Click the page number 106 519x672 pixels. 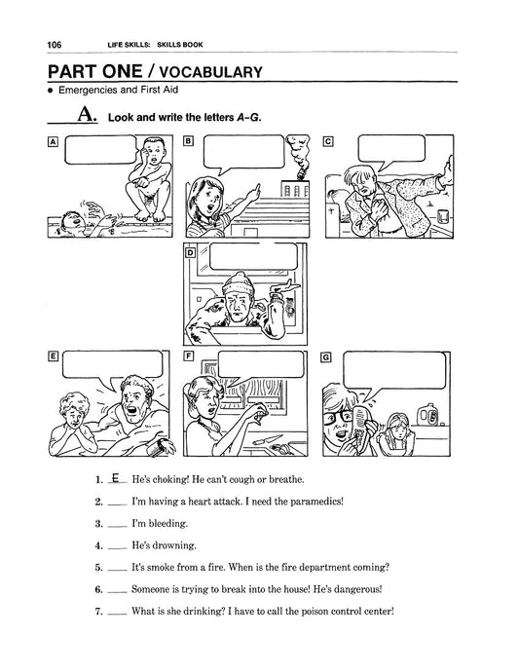point(55,45)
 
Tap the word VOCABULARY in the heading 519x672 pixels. point(210,72)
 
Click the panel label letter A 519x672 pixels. point(53,141)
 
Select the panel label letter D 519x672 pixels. point(190,253)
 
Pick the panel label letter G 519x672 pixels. point(326,357)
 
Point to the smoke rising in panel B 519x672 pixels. point(298,155)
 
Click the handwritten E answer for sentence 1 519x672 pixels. point(115,477)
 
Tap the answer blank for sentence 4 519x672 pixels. point(118,548)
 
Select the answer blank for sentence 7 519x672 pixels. point(118,615)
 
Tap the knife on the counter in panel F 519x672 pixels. point(268,440)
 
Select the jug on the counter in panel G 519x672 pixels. point(428,414)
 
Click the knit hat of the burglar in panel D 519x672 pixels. point(240,283)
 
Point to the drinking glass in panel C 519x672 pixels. point(443,216)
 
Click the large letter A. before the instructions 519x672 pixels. point(87,114)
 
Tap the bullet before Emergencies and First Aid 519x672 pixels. point(51,91)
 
